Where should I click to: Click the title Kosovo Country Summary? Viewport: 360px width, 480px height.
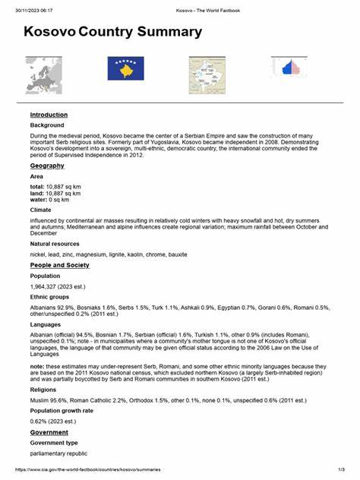click(112, 32)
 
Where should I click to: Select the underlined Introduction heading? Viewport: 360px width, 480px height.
click(49, 115)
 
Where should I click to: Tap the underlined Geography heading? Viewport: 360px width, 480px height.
click(47, 166)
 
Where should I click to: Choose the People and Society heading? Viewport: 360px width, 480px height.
click(59, 265)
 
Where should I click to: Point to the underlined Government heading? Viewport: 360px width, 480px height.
click(51, 431)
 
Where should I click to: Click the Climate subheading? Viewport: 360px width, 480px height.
click(41, 209)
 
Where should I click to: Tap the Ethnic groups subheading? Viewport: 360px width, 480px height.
click(50, 298)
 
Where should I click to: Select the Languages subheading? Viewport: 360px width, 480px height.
click(46, 324)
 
